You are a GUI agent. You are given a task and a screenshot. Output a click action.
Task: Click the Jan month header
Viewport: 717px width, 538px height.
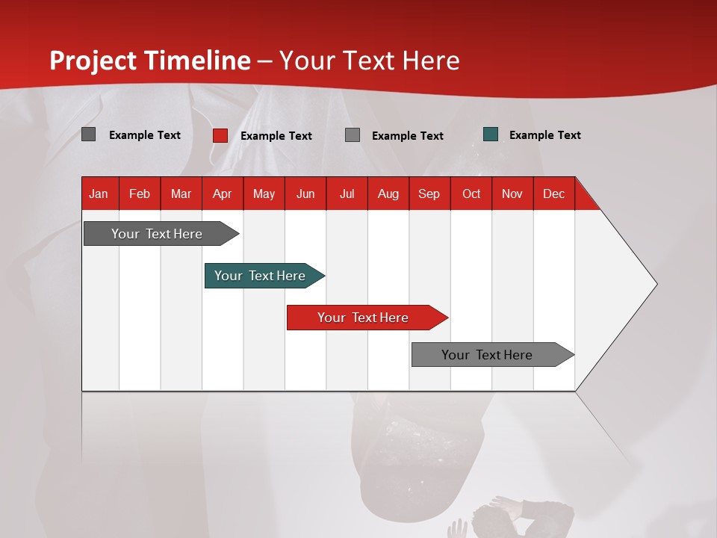(99, 194)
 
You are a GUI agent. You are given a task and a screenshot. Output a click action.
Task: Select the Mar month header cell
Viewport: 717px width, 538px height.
(181, 194)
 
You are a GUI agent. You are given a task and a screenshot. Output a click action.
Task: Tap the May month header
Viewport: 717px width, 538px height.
(264, 194)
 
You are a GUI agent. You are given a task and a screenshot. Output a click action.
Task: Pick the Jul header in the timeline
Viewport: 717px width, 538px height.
(347, 194)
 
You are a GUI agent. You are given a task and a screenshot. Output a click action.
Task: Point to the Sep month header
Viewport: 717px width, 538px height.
(429, 194)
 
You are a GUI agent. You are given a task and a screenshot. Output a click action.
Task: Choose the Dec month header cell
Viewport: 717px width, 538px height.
(553, 194)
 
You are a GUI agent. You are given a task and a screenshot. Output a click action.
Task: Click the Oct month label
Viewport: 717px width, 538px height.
(471, 194)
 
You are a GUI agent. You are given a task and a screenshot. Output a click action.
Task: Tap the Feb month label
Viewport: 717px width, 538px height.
(140, 194)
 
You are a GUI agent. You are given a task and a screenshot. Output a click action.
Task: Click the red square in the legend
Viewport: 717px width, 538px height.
(220, 135)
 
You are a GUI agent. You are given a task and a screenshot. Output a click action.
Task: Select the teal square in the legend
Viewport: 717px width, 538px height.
(491, 134)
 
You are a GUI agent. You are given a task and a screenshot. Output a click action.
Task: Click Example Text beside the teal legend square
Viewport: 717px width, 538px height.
(544, 135)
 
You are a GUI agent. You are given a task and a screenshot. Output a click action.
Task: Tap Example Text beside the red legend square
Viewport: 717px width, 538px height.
(276, 136)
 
